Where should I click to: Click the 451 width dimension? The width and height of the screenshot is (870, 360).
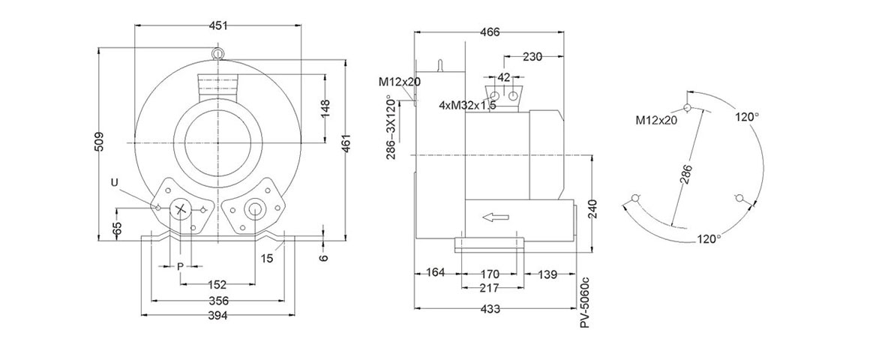218,25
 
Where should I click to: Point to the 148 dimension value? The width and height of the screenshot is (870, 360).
325,107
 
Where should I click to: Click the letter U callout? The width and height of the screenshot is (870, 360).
114,182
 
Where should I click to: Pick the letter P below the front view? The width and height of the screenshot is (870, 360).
180,266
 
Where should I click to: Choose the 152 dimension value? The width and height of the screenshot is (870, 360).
217,285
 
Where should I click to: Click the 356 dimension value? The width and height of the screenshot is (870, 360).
217,301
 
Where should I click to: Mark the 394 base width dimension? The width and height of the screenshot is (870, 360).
217,316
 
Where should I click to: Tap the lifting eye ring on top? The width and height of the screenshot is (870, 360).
218,52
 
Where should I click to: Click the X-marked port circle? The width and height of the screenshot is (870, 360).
180,208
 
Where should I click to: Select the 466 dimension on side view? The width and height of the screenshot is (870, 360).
489,32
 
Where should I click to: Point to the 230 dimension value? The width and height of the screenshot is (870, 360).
532,56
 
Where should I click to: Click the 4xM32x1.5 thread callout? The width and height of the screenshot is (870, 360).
467,106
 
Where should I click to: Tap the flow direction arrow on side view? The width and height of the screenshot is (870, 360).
496,217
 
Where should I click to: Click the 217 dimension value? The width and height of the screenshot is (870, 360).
490,288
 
